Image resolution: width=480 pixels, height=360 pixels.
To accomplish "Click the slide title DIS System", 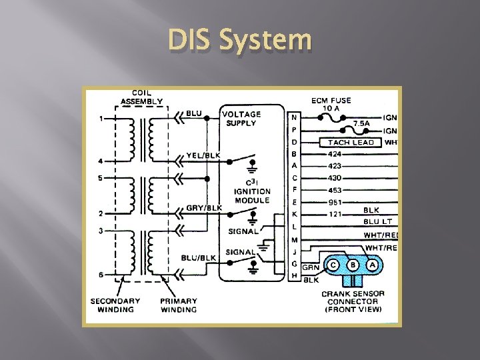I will tap(240, 41).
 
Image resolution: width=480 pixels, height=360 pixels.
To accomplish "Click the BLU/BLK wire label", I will tap(198, 258).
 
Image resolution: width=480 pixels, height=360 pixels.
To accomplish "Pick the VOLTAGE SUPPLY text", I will tap(241, 118).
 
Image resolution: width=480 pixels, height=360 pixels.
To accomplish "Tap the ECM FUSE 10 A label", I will tap(331, 105).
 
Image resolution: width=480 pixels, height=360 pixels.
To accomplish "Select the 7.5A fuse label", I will tap(362, 123).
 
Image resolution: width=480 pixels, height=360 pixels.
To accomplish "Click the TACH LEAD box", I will tap(351, 142).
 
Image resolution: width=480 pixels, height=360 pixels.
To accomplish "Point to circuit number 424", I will tap(335, 154).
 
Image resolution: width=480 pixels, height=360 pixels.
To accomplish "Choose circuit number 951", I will tap(336, 202).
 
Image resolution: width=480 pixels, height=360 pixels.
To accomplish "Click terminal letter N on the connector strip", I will tap(294, 118).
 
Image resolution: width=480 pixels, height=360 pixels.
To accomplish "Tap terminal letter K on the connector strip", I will tap(294, 214).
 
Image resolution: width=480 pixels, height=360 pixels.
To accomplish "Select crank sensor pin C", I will tap(333, 265).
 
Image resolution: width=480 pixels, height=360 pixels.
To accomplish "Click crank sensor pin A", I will tap(373, 265).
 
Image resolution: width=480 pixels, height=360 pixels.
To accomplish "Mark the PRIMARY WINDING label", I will tap(178, 305).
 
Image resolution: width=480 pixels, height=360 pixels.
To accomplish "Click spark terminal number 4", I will tap(101, 161).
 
